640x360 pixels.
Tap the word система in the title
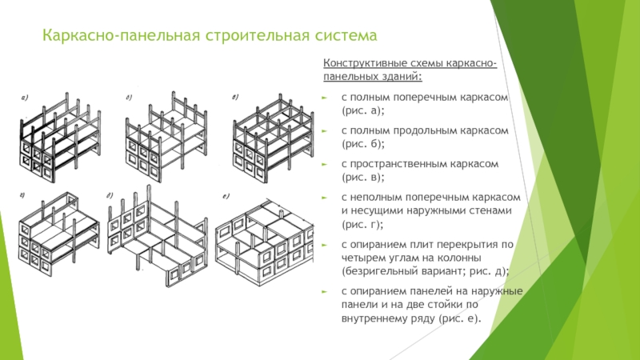(336, 37)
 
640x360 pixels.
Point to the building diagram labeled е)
(264, 236)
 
